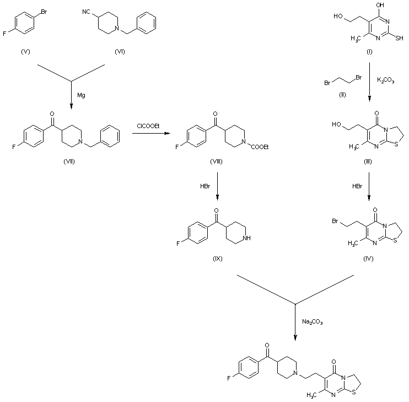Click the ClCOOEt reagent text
point(148,126)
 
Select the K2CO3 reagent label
point(385,81)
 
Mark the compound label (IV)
point(368,258)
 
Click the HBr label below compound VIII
point(204,186)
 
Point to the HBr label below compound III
point(357,187)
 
